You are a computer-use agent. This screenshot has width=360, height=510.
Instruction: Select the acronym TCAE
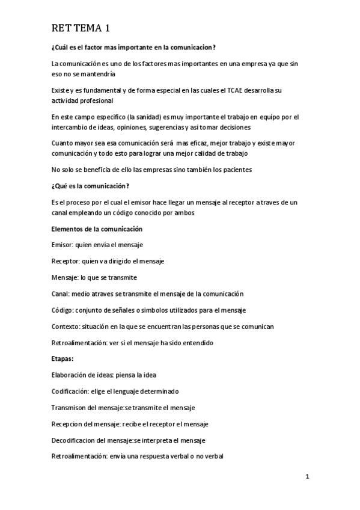pos(237,90)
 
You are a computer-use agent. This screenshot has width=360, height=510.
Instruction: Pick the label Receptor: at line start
pos(67,261)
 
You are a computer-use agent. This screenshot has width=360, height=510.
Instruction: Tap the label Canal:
pos(61,293)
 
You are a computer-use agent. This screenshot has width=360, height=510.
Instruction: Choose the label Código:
pos(63,310)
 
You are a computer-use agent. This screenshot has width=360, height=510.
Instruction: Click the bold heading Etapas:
pos(63,358)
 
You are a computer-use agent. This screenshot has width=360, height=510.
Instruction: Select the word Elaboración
pos(69,375)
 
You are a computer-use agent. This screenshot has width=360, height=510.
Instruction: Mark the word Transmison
pos(69,407)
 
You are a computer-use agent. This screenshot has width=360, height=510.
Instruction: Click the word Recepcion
pos(68,423)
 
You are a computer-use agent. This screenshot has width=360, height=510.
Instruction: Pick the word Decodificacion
pos(74,440)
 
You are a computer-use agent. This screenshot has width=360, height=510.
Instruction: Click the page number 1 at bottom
pos(307,478)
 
